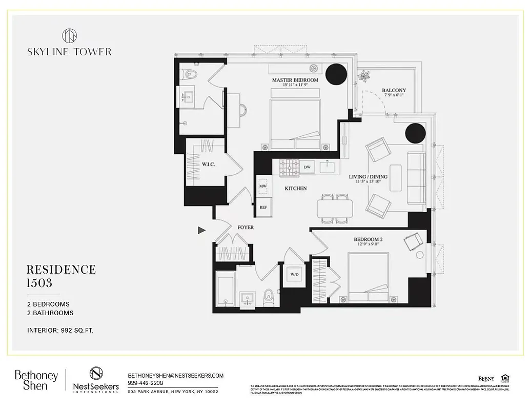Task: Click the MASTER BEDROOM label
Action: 295,80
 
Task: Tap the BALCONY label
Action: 393,91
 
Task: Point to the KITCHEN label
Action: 296,189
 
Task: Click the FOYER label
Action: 245,227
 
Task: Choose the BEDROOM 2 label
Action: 368,240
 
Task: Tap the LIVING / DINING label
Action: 368,177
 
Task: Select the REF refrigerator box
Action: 263,208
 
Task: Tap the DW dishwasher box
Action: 307,167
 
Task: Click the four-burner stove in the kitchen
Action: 289,167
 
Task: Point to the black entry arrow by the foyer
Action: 201,231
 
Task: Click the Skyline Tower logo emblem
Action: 69,35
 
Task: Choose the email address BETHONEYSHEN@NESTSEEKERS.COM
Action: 176,376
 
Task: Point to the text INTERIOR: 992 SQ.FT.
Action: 60,331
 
